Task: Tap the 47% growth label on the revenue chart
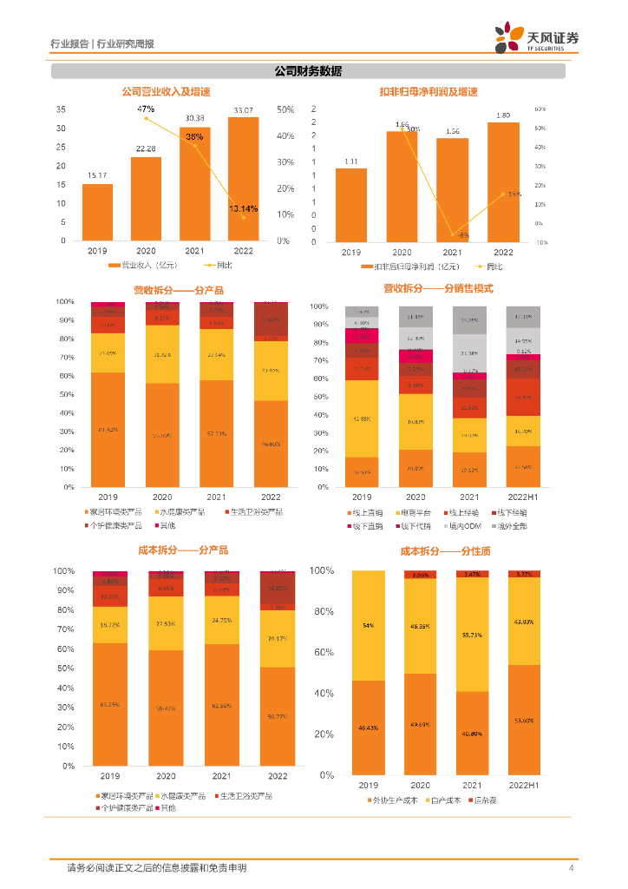145,109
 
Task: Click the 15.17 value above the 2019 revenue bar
97,176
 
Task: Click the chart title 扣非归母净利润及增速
428,92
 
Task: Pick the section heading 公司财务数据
308,71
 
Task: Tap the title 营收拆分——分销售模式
438,288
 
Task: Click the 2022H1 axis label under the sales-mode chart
522,497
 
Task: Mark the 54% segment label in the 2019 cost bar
368,625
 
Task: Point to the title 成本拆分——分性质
434,550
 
